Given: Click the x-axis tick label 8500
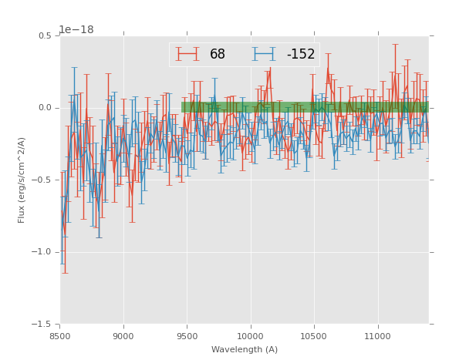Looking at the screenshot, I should [x=59, y=336].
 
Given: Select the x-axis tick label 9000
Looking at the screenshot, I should [x=123, y=336].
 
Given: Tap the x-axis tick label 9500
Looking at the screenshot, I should [x=187, y=336].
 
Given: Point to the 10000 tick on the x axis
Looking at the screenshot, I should [x=250, y=336].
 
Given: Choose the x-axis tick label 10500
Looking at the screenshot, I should [x=314, y=336].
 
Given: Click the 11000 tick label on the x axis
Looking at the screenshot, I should [x=377, y=336].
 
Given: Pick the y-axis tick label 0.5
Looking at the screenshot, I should [x=46, y=35].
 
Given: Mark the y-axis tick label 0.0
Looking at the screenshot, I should [x=46, y=108].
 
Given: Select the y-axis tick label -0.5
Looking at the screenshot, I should [x=44, y=180].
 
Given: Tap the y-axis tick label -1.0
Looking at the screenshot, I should [x=44, y=252].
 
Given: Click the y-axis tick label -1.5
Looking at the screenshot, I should [x=44, y=325].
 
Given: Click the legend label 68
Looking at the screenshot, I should [x=218, y=55].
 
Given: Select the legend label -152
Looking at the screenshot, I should [x=300, y=55].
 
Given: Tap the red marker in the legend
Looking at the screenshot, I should [x=187, y=55].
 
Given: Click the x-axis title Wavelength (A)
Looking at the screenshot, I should [x=244, y=350].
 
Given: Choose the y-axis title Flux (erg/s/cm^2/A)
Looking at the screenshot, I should [x=22, y=180].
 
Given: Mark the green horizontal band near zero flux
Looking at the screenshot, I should [x=305, y=107].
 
